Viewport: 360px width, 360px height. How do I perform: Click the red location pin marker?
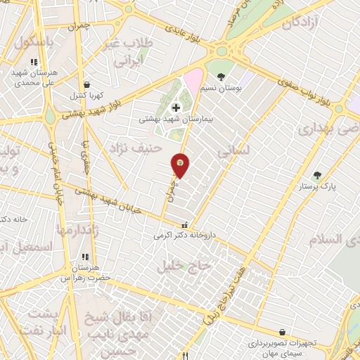pos(181,164)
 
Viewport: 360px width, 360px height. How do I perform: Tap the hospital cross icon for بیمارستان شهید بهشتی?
pos(176,108)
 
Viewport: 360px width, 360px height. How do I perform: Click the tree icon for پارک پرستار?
pos(317,174)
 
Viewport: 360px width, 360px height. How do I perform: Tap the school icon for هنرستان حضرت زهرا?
pos(86,256)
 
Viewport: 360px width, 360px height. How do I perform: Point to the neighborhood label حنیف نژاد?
pos(136,148)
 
